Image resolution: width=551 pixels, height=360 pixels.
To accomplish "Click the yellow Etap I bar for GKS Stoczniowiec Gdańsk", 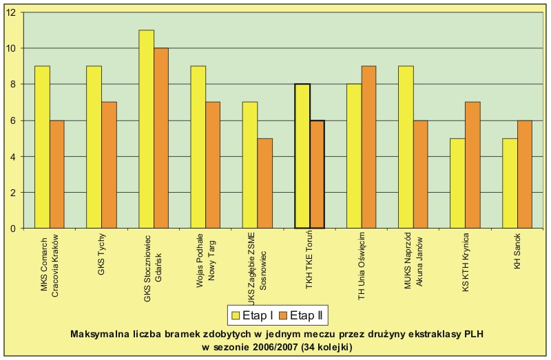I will (146, 129).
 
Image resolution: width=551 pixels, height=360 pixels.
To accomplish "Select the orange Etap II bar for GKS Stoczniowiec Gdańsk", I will (161, 138).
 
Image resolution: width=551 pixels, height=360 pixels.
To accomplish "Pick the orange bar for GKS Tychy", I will (109, 165).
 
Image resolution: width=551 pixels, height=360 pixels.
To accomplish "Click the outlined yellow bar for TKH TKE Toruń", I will (302, 156).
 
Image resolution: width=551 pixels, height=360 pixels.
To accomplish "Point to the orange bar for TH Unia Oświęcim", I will (369, 147).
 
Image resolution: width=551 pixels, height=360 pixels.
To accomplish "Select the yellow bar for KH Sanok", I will (510, 183).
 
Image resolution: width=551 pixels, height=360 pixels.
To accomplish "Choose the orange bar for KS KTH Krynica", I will (473, 165).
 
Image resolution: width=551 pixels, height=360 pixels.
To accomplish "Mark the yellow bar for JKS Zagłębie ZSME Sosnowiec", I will (251, 165).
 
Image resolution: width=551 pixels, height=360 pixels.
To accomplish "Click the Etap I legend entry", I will (253, 316).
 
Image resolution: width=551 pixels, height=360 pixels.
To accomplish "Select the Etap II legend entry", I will (299, 316).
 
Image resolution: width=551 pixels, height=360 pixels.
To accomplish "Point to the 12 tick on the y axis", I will (14, 12).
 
